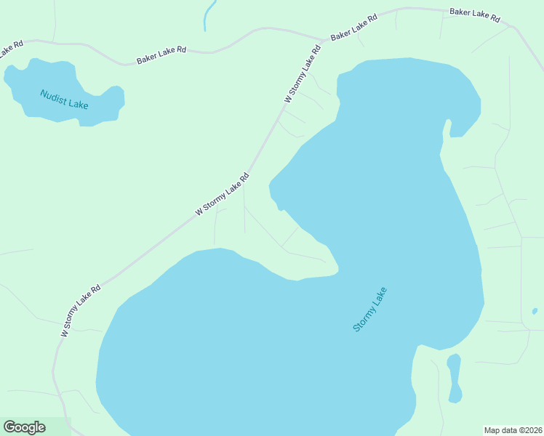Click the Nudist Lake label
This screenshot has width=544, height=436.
64,100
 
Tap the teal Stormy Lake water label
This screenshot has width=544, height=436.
370,310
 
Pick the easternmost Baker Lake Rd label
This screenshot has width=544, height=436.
475,15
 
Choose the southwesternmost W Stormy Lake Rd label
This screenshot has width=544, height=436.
81,310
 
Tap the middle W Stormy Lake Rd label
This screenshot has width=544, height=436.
223,194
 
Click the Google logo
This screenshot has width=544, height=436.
25,427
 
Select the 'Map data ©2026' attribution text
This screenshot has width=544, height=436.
513,430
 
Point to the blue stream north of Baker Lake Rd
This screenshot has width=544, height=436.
209,15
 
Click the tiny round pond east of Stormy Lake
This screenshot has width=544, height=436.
535,311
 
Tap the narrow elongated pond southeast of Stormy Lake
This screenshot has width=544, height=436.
455,378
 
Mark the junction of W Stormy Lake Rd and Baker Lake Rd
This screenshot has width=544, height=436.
324,41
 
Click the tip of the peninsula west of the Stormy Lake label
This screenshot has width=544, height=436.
337,271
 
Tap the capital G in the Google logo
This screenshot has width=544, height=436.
9,427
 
